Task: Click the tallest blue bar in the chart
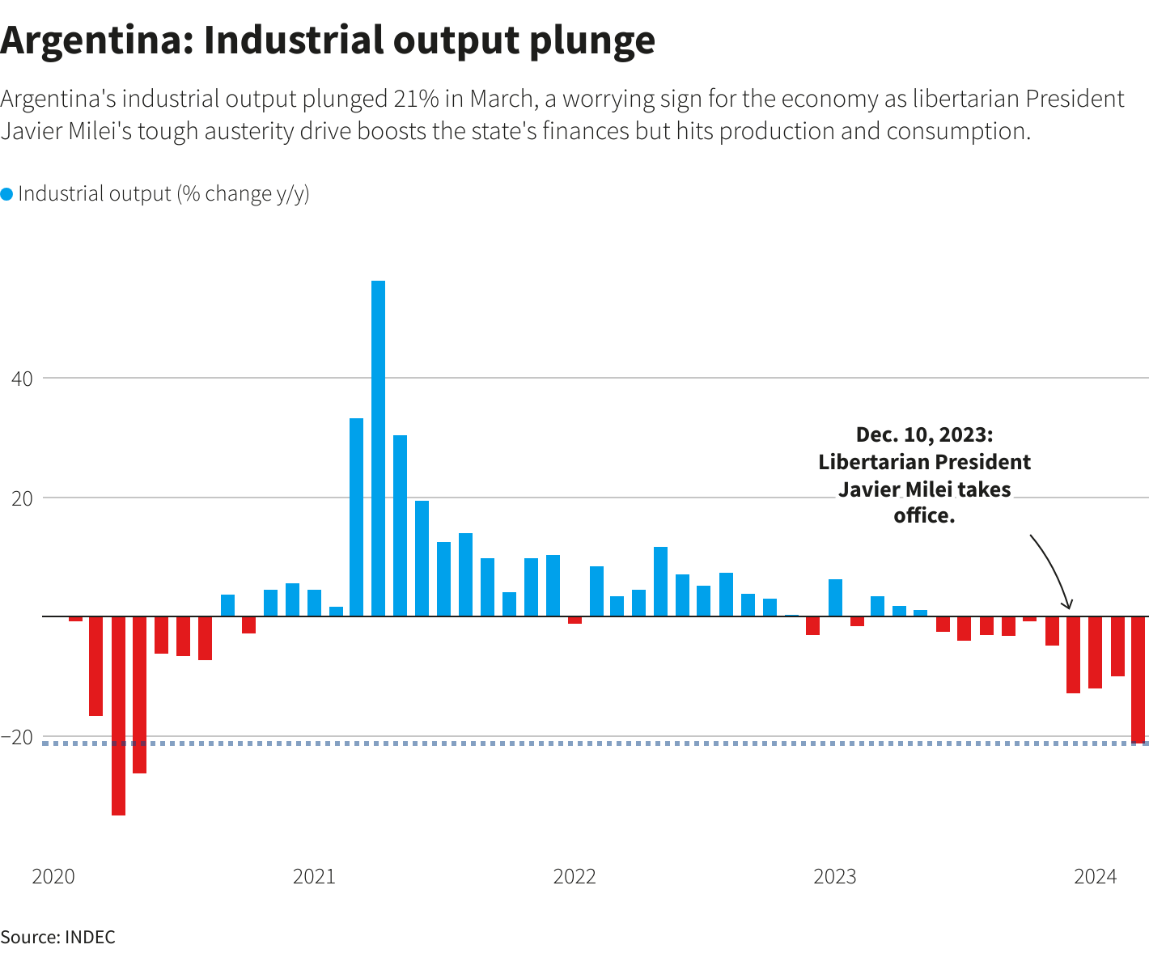(378, 448)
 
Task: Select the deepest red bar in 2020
(118, 715)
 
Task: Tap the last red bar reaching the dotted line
(1138, 680)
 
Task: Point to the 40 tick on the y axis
(21, 378)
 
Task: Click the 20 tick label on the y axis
(21, 498)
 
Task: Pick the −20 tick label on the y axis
(17, 737)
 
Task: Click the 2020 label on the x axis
(53, 877)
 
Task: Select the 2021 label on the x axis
(313, 877)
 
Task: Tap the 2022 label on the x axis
(574, 877)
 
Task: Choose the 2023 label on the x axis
(834, 877)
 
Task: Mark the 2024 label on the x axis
(1095, 877)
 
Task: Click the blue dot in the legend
(6, 194)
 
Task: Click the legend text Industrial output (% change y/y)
(163, 194)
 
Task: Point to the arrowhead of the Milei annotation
(1068, 606)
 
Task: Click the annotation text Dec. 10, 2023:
(924, 435)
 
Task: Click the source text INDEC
(90, 938)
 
